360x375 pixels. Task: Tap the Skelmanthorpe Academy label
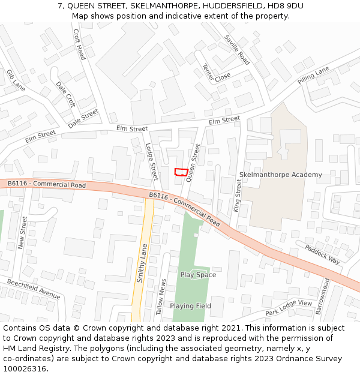click(x=280, y=175)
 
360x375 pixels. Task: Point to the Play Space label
click(x=198, y=275)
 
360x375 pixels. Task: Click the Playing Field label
click(x=190, y=306)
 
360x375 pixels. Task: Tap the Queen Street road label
click(x=193, y=162)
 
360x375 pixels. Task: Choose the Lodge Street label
click(x=152, y=161)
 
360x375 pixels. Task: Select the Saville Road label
click(x=237, y=50)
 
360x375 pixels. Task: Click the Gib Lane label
click(x=16, y=80)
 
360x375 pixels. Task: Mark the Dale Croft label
click(x=65, y=95)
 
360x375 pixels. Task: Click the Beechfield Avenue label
click(x=34, y=289)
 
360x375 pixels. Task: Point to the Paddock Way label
click(x=322, y=254)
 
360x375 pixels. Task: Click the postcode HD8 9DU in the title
click(x=285, y=6)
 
